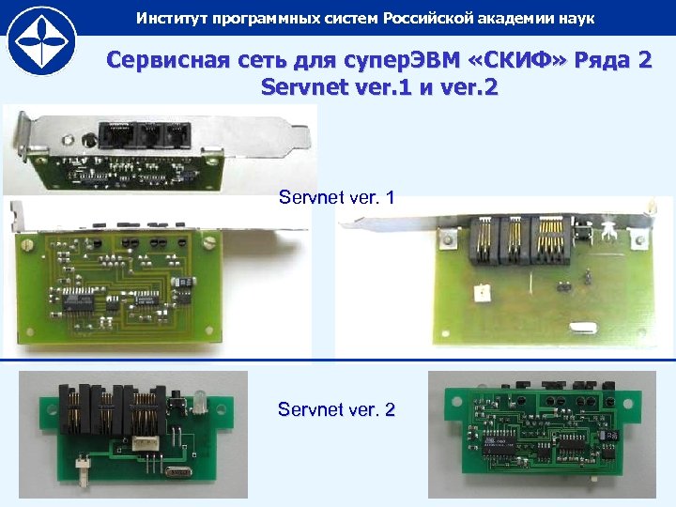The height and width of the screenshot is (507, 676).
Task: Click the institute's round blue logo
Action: [42, 41]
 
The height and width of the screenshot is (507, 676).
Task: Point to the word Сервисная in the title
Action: [168, 59]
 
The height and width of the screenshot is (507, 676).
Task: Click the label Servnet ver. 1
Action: [336, 197]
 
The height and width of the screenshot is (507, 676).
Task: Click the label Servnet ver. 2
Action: [336, 409]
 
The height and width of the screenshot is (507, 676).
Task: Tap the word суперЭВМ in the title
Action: [402, 60]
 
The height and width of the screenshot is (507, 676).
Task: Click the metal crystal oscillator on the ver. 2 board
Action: [178, 472]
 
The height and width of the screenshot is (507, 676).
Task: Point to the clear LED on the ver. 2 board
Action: [199, 402]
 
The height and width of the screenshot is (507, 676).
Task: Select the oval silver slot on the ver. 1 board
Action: [583, 328]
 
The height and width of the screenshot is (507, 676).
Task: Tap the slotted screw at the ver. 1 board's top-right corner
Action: [209, 242]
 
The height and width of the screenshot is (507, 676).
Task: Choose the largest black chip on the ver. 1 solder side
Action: [78, 299]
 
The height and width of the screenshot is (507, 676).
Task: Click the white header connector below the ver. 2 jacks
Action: [146, 443]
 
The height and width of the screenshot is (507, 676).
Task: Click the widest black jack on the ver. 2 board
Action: [145, 410]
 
